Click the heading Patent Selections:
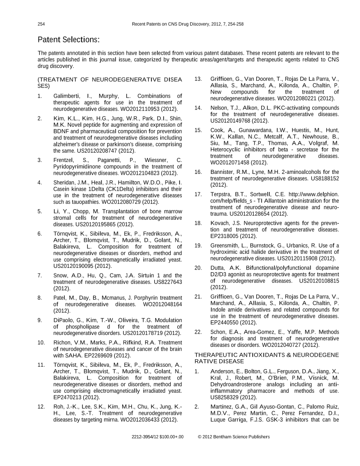pyautogui.click(x=69, y=40)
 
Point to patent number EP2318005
pyautogui.click(x=230, y=236)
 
